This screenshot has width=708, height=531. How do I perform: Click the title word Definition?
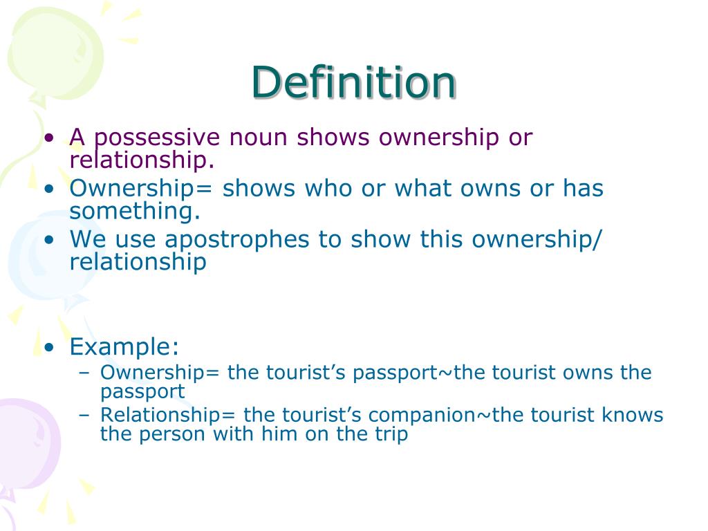point(353,83)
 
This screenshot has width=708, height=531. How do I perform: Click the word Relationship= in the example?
point(168,415)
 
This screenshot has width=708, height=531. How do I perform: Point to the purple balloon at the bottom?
point(24,442)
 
